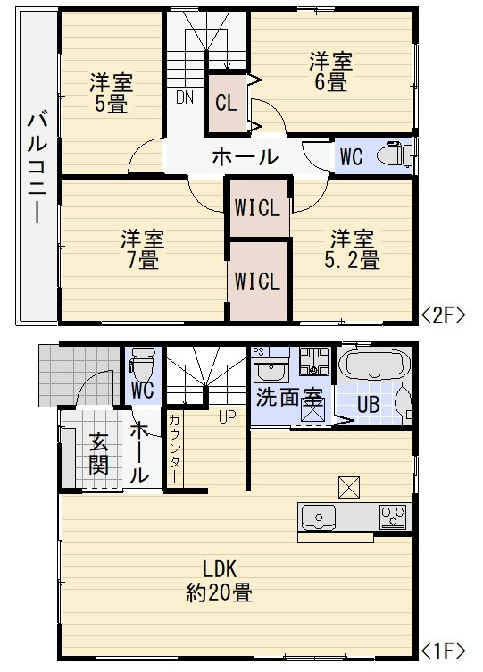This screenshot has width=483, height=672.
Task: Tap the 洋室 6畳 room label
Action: (331, 71)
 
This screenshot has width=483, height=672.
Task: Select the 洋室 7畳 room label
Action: (142, 249)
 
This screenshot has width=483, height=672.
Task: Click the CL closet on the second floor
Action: (226, 101)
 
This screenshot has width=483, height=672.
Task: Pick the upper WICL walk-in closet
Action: (258, 206)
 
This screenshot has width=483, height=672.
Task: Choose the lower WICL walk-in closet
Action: (258, 280)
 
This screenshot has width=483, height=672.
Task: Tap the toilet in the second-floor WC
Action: (394, 155)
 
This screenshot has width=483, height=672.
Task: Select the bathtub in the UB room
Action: (375, 365)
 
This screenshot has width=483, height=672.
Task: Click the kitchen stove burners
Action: (393, 516)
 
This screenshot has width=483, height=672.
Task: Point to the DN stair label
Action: (185, 97)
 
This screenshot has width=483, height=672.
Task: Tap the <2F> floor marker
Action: (444, 314)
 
